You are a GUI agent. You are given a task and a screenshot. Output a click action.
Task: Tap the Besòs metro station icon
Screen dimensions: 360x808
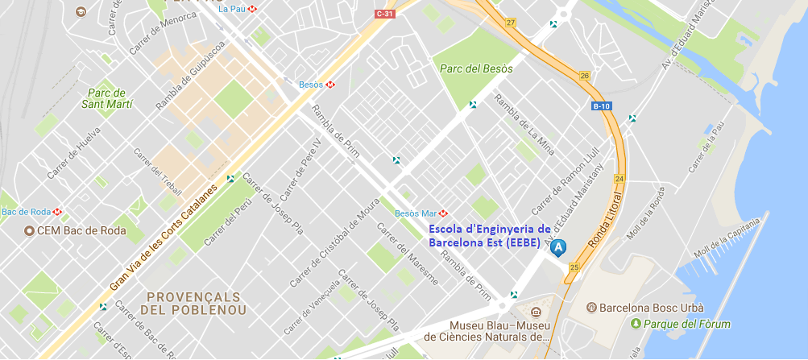(330, 84)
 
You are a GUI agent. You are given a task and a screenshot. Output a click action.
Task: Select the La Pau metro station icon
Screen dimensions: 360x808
(252, 9)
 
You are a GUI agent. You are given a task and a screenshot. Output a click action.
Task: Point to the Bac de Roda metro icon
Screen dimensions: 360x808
(58, 212)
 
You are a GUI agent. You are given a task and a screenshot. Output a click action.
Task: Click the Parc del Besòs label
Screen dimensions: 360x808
(476, 68)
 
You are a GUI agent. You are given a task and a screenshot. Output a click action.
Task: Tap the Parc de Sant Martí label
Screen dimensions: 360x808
(107, 98)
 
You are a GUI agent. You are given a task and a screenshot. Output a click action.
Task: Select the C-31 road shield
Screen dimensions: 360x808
(385, 14)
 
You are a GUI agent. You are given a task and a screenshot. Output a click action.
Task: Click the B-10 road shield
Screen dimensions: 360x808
(600, 106)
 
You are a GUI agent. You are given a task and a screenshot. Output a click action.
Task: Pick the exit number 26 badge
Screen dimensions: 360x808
(585, 76)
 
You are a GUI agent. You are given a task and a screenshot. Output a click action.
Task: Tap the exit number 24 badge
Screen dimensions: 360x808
(619, 178)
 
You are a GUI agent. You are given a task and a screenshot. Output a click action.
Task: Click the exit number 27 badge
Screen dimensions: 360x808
(511, 23)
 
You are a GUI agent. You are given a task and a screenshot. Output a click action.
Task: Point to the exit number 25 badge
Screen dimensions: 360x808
(574, 267)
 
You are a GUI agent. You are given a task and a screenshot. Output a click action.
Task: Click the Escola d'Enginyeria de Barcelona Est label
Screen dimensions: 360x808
(489, 234)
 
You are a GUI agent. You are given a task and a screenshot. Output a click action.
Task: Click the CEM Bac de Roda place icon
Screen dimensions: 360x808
(30, 231)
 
